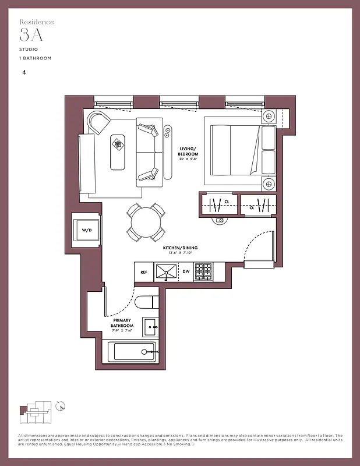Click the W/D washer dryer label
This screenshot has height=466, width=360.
coord(87,231)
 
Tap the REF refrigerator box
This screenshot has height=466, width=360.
coord(143,271)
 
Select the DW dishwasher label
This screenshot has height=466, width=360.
coord(185,271)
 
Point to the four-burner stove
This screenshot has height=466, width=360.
coord(203,271)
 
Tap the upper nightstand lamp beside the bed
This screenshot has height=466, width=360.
coord(269,116)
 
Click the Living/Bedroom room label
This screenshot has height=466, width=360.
coord(189,151)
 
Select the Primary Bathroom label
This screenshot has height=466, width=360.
coord(123,323)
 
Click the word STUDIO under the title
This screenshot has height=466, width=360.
coord(28,50)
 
